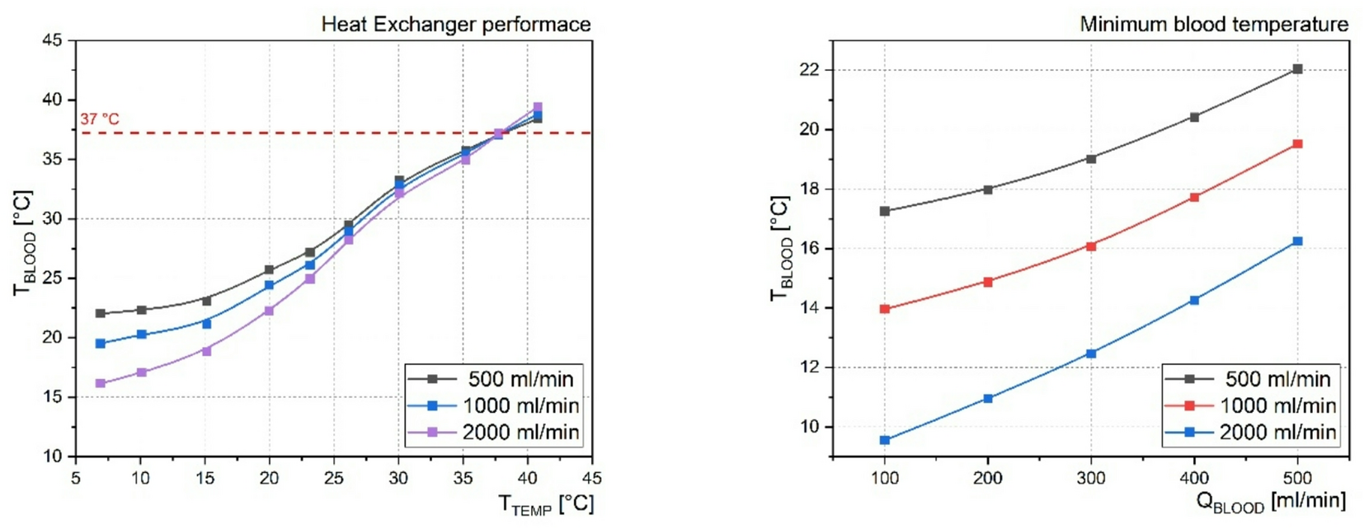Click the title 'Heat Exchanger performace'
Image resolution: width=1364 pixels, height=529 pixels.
pos(455,24)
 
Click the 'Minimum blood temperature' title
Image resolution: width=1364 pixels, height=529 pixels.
pos(1214,24)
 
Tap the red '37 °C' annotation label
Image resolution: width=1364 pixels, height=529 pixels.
pos(100,119)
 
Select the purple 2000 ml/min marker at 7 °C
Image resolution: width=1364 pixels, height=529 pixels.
pos(101,383)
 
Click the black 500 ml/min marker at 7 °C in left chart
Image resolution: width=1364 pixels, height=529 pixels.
pos(101,313)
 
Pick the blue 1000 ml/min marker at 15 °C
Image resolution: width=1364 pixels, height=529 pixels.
pos(206,324)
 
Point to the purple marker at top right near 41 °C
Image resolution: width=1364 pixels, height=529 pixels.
pos(538,107)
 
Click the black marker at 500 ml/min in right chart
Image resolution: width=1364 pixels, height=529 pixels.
pos(1297,69)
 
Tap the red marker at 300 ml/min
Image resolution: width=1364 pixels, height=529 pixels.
pos(1091,246)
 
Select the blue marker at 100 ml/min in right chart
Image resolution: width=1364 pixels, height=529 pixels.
pos(885,440)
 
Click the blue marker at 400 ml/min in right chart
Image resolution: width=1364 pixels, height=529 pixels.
pos(1194,301)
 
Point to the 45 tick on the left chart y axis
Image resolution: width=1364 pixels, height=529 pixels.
pos(52,40)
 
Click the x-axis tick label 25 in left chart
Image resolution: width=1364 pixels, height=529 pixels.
pos(334,478)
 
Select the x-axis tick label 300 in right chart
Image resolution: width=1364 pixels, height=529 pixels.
pos(1091,478)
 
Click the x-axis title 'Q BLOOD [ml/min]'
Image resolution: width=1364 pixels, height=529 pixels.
pos(1270,501)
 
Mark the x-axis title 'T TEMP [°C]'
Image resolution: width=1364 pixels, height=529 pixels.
pos(545,503)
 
